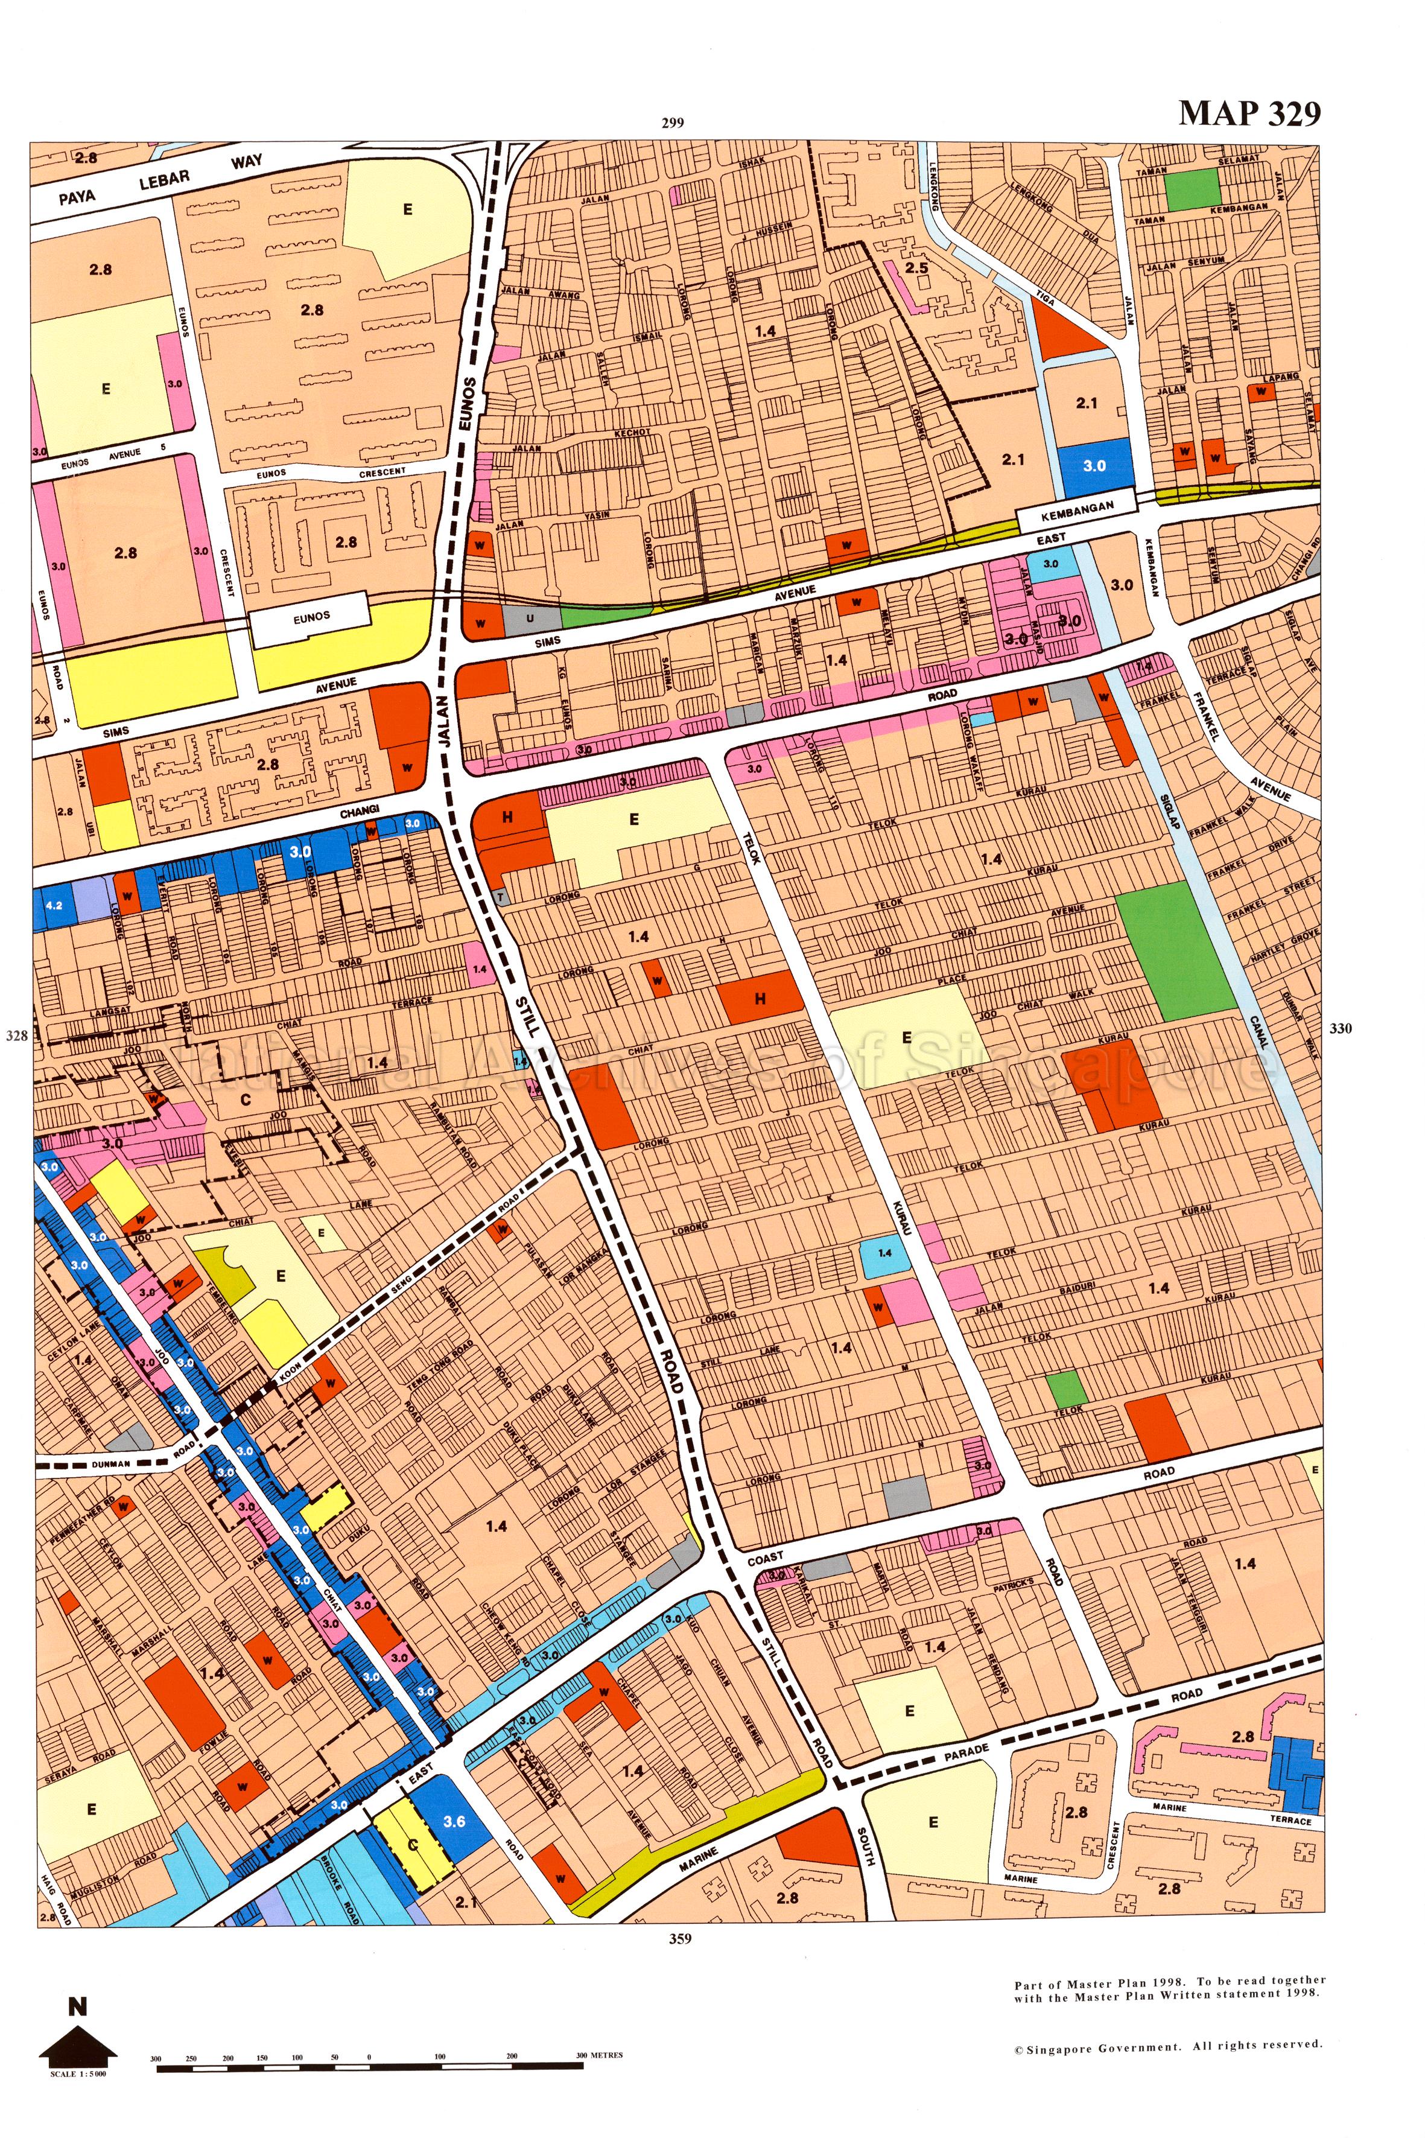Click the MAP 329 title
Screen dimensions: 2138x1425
[1249, 113]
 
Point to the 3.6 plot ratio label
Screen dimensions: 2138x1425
[454, 1821]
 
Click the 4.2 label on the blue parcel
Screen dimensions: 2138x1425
[54, 905]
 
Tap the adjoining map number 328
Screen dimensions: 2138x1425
[16, 1034]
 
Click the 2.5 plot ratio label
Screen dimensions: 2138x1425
[917, 268]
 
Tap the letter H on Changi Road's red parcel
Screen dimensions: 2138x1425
[507, 817]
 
